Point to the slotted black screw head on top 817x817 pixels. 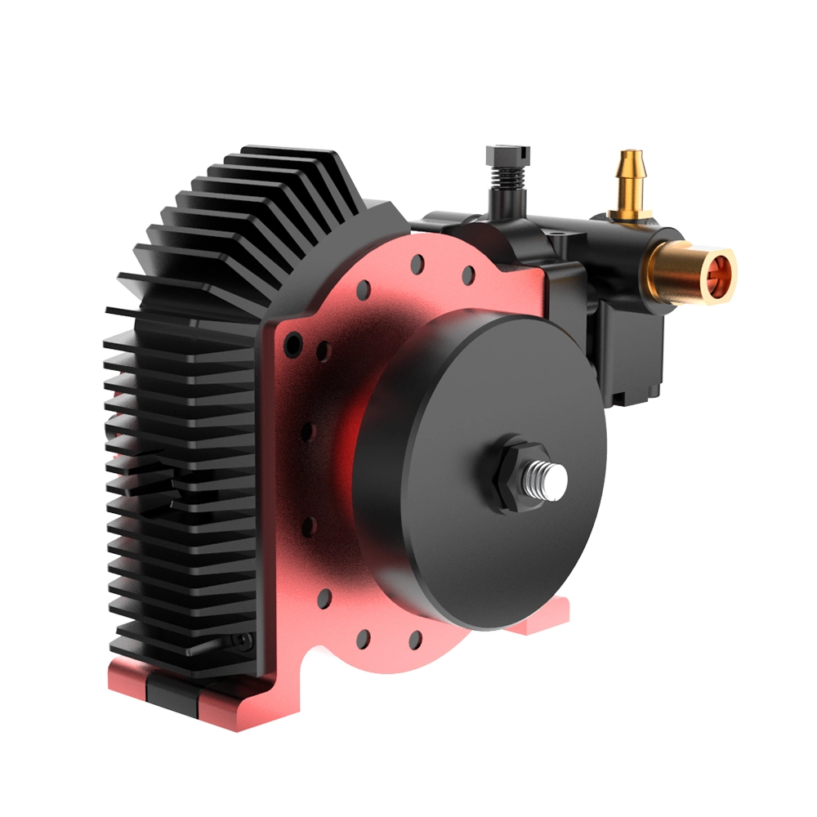(507, 154)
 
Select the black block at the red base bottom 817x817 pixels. (172, 690)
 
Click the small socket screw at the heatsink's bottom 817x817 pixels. (239, 641)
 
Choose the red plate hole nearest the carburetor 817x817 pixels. (468, 275)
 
